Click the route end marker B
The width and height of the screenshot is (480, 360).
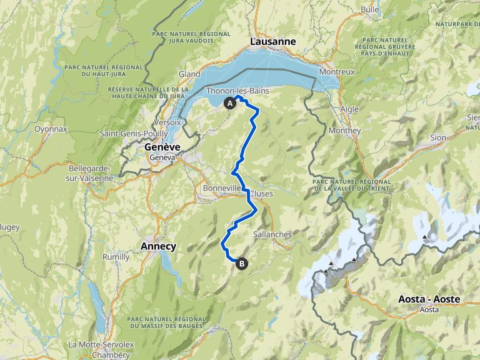click(x=241, y=264)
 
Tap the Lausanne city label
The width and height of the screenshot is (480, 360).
click(x=272, y=42)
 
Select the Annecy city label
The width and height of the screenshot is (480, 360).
click(x=158, y=246)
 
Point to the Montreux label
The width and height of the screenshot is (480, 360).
click(x=337, y=72)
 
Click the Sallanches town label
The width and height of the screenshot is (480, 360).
click(x=272, y=234)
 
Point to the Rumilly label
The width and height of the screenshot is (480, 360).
click(x=116, y=257)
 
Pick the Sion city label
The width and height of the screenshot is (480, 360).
click(x=438, y=137)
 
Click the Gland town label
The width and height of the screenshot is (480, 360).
click(x=190, y=74)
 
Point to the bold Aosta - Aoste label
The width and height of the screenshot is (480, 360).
click(x=429, y=299)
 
